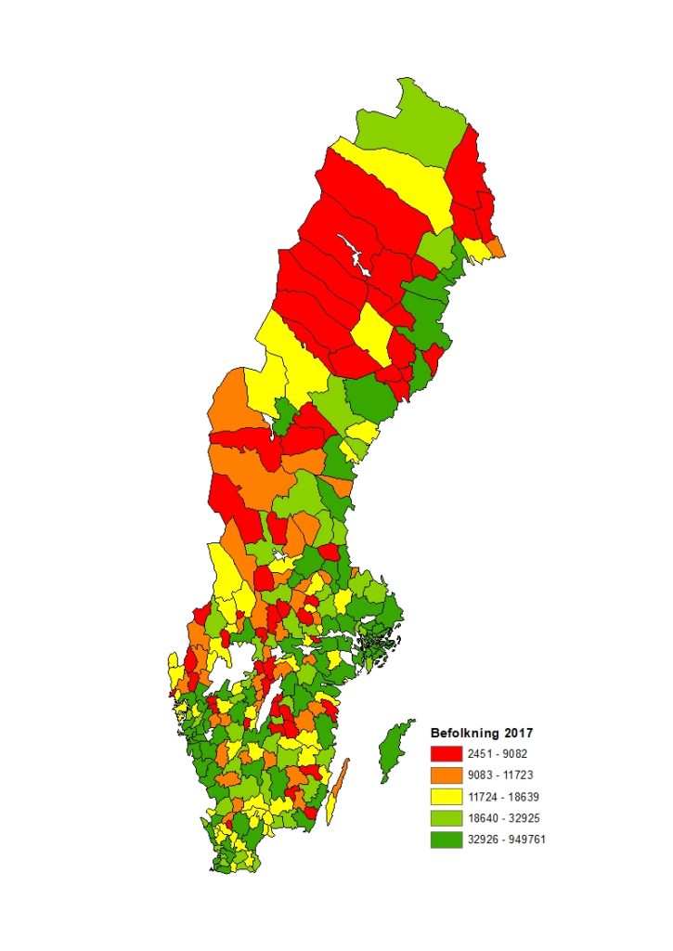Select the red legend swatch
click(446, 753)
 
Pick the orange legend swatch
click(446, 775)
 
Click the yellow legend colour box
click(446, 796)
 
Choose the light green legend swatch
click(446, 817)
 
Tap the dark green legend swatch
click(446, 839)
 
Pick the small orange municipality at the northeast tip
click(497, 248)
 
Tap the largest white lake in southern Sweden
click(239, 661)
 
